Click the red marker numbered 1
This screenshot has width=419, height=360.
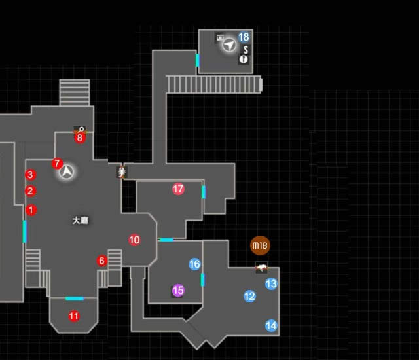coord(31,210)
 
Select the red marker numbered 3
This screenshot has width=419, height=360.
coord(29,175)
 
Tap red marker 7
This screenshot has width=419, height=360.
coord(57,163)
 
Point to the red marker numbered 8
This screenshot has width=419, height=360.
coord(80,137)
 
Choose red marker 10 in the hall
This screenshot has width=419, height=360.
coord(134,240)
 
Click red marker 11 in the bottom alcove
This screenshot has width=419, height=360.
coord(74,316)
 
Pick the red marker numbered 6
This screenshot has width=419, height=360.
coord(101,261)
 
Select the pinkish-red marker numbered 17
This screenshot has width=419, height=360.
coord(178,189)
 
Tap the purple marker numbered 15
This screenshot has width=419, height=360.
coord(177,290)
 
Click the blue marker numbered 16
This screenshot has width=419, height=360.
coord(194,264)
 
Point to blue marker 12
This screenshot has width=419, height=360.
coord(249,296)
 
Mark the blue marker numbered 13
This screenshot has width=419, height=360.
coord(271,284)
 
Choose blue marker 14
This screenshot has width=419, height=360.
coord(271,325)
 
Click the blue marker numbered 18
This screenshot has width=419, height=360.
coord(244,37)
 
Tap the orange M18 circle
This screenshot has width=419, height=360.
coord(260,246)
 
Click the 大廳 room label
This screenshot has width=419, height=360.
coord(80,221)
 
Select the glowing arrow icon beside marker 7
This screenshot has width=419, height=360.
coord(67,172)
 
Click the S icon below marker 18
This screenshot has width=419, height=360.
coord(245,49)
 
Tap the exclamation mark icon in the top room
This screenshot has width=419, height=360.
coord(244,60)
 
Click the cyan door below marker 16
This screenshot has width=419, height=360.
coord(203,280)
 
